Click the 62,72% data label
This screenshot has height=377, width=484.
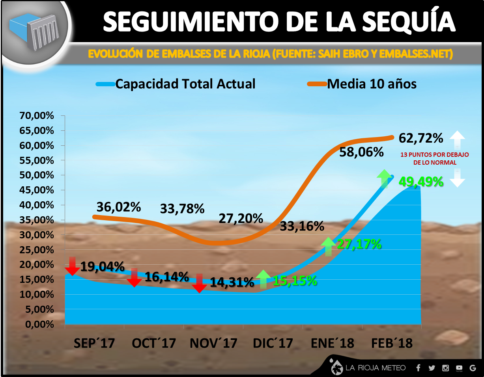tap(421, 138)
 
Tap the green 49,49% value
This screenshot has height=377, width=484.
tap(421, 182)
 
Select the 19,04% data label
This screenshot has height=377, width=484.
tap(103, 267)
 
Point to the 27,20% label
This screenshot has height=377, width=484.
tap(241, 218)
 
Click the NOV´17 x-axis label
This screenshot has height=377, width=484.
tap(213, 343)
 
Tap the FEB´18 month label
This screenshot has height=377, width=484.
tap(392, 343)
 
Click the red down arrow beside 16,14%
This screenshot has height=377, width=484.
tap(134, 277)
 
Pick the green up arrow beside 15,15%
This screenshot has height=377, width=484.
tap(263, 279)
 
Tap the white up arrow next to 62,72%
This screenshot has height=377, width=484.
tap(457, 139)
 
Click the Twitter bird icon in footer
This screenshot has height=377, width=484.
tap(432, 368)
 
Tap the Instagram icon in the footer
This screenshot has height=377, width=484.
tap(446, 368)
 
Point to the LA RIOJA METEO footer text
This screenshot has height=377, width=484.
tap(376, 368)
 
